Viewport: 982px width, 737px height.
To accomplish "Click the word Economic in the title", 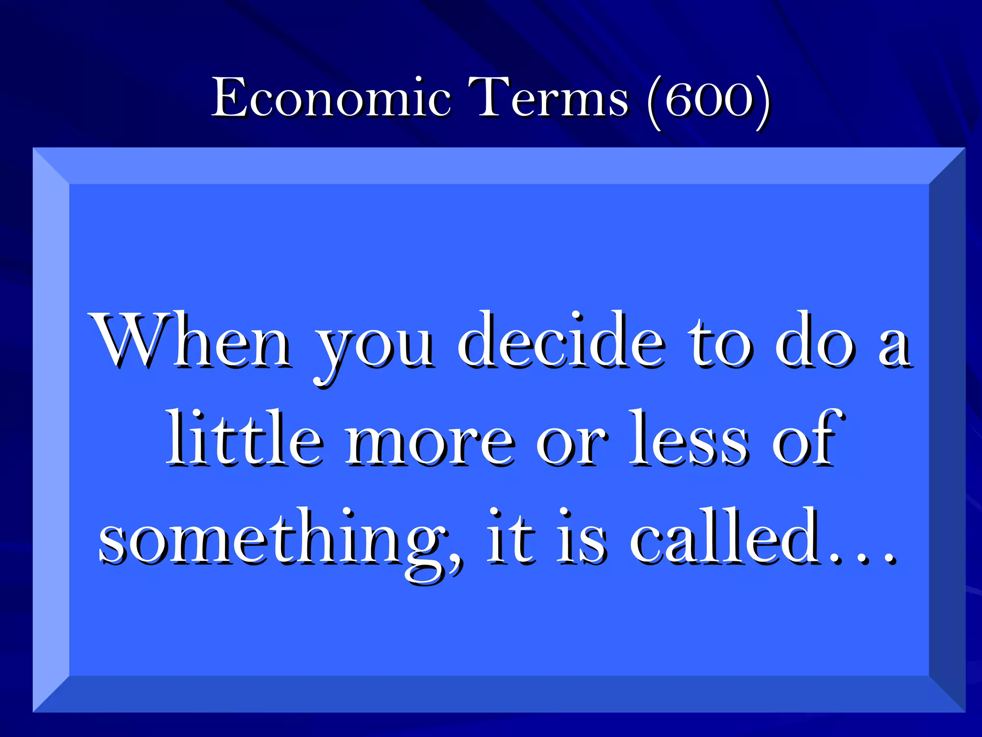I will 331,98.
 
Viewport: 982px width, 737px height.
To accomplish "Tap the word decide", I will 561,341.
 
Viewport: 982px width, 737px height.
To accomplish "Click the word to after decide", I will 719,343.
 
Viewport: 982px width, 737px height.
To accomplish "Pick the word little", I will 245,439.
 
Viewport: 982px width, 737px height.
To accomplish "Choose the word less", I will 688,439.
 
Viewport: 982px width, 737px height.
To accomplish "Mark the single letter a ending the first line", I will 894,348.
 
